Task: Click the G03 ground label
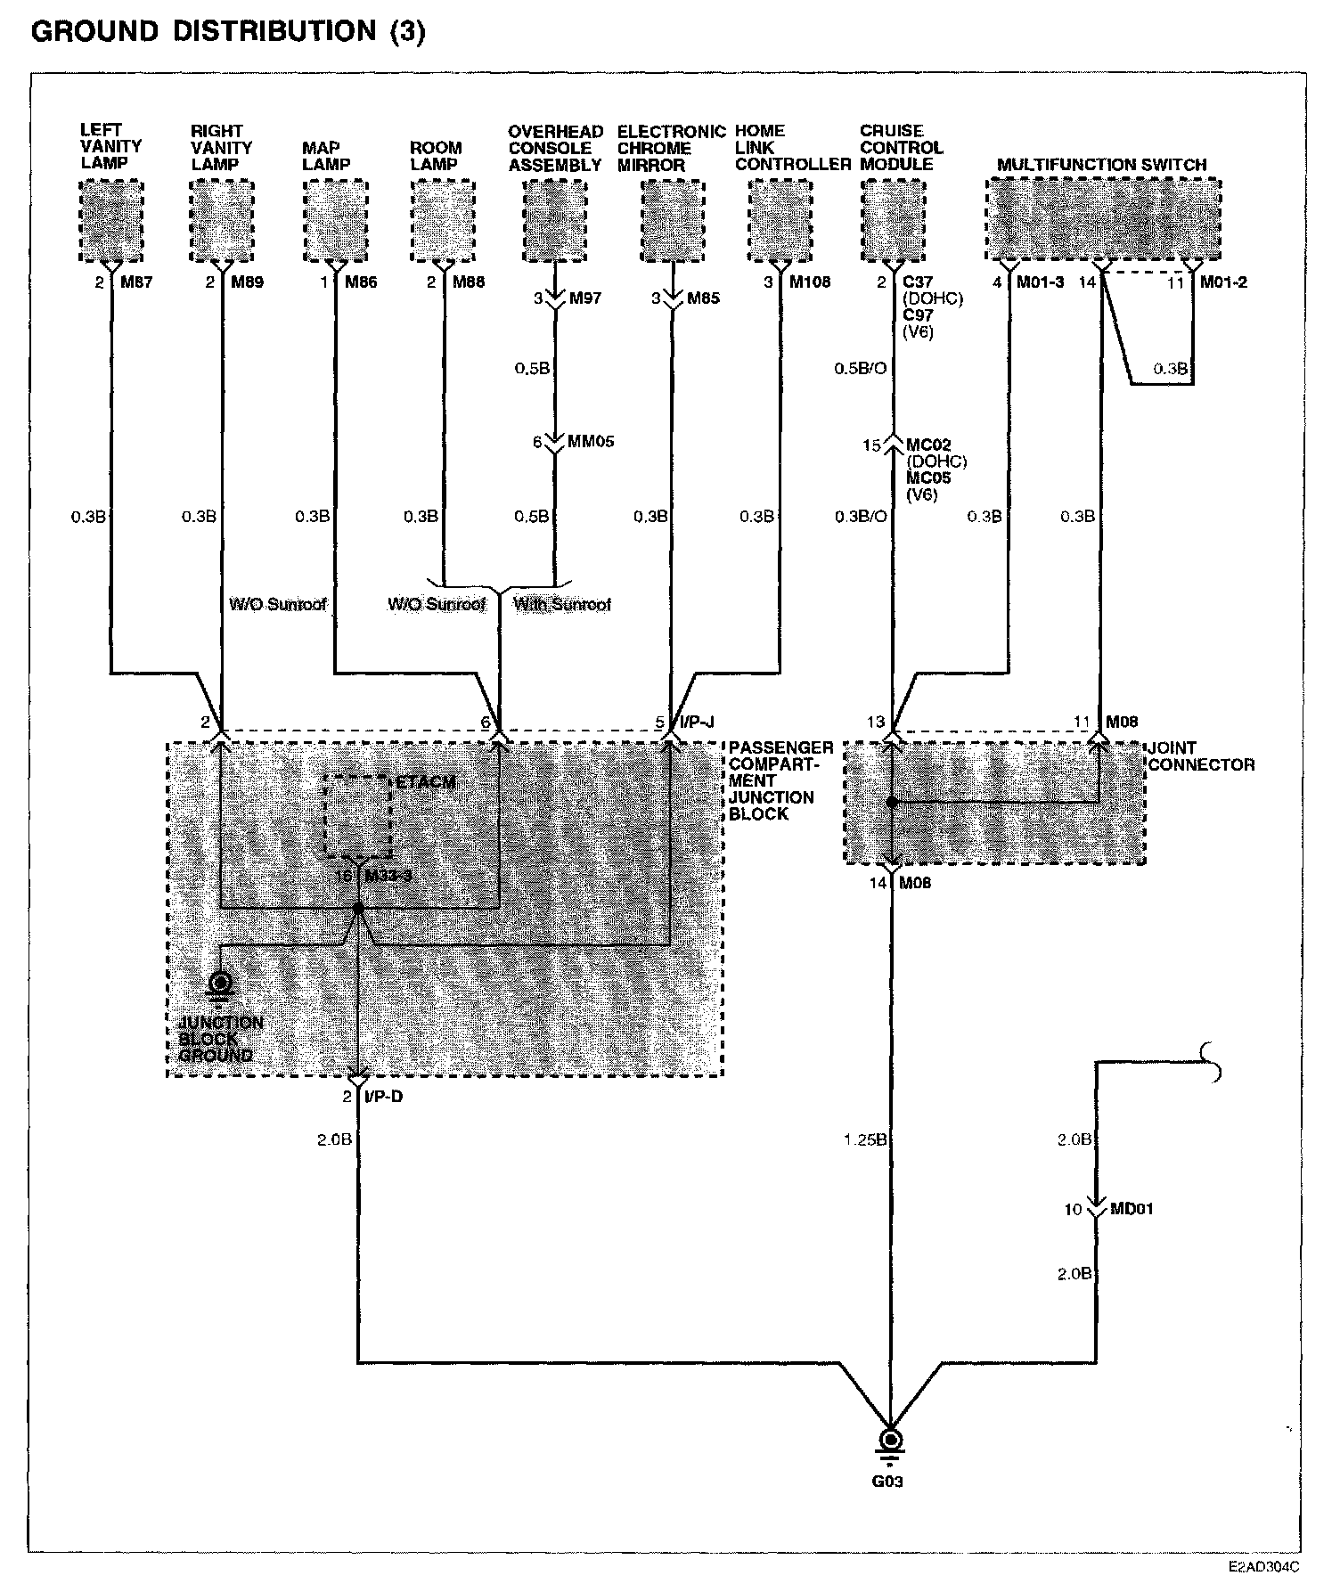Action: click(x=888, y=1482)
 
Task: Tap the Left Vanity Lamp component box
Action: click(x=111, y=221)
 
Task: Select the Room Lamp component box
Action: click(x=443, y=221)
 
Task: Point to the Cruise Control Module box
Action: click(x=894, y=221)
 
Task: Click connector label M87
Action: click(x=136, y=282)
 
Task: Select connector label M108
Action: click(x=809, y=282)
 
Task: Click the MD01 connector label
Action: click(x=1132, y=1209)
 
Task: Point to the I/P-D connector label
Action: click(x=383, y=1097)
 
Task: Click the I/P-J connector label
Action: click(x=697, y=722)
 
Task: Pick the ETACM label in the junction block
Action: click(x=425, y=783)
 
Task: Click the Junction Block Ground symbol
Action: click(x=219, y=984)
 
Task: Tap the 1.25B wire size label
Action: click(x=864, y=1139)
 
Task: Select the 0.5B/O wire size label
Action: click(x=860, y=368)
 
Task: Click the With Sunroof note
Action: click(x=562, y=605)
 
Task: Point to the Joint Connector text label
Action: click(x=1201, y=756)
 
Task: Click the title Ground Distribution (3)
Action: click(x=228, y=32)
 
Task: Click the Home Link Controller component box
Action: click(x=780, y=221)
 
